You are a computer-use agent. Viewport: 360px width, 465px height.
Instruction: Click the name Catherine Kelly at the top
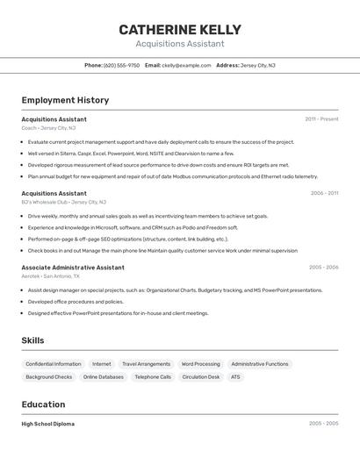click(179, 30)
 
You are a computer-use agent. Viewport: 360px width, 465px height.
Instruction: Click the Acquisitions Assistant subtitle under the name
click(179, 44)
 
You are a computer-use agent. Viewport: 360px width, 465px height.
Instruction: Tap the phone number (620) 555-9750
click(121, 65)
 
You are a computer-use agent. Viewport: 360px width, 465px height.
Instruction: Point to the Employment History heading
click(65, 100)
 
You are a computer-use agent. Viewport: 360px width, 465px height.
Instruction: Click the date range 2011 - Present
click(321, 118)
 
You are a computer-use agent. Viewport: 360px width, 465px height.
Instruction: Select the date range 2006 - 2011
click(324, 193)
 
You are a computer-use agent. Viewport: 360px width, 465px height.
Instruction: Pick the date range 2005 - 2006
click(323, 267)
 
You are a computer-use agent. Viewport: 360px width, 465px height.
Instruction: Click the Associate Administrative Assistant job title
click(73, 267)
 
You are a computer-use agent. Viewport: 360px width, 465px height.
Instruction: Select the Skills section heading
click(32, 340)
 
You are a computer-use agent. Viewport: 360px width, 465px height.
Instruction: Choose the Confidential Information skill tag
click(54, 363)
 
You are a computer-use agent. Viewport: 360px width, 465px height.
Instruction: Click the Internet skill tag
click(102, 363)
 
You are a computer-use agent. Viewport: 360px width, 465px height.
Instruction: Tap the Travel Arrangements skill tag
click(146, 363)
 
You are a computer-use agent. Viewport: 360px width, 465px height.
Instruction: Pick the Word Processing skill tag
click(200, 363)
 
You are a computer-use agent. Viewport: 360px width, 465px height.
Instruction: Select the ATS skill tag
click(235, 376)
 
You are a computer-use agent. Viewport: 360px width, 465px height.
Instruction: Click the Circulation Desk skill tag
click(201, 376)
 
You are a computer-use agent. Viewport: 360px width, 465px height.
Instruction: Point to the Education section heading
click(43, 404)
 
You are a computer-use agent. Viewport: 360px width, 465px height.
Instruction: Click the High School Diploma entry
click(47, 424)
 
